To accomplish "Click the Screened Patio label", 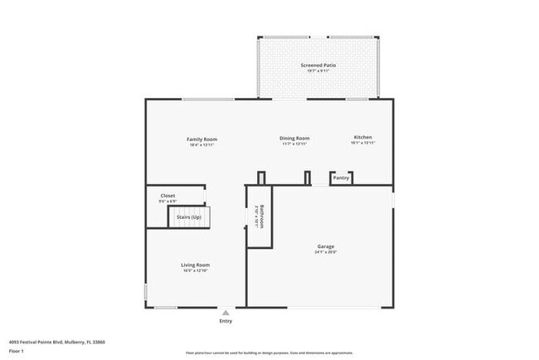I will tap(318, 65).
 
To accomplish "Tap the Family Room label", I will tap(202, 139).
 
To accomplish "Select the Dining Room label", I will tap(294, 138).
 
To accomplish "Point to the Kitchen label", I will tap(363, 137).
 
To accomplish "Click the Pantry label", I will tap(341, 178).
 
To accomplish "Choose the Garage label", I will tap(325, 246).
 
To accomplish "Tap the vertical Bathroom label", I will tap(261, 216).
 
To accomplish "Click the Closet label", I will tap(168, 196).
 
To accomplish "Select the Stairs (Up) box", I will tap(190, 217).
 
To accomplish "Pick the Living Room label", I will tap(196, 265).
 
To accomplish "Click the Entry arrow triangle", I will tap(225, 313).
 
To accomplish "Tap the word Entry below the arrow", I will tap(226, 321).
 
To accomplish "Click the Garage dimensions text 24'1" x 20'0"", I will tap(325, 252).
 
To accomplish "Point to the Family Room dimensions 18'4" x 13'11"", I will tap(202, 144).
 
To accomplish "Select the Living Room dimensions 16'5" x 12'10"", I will tap(196, 270).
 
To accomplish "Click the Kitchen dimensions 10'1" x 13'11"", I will tap(363, 143).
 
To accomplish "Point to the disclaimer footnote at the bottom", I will tap(269, 353).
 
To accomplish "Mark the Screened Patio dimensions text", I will tap(318, 71).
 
